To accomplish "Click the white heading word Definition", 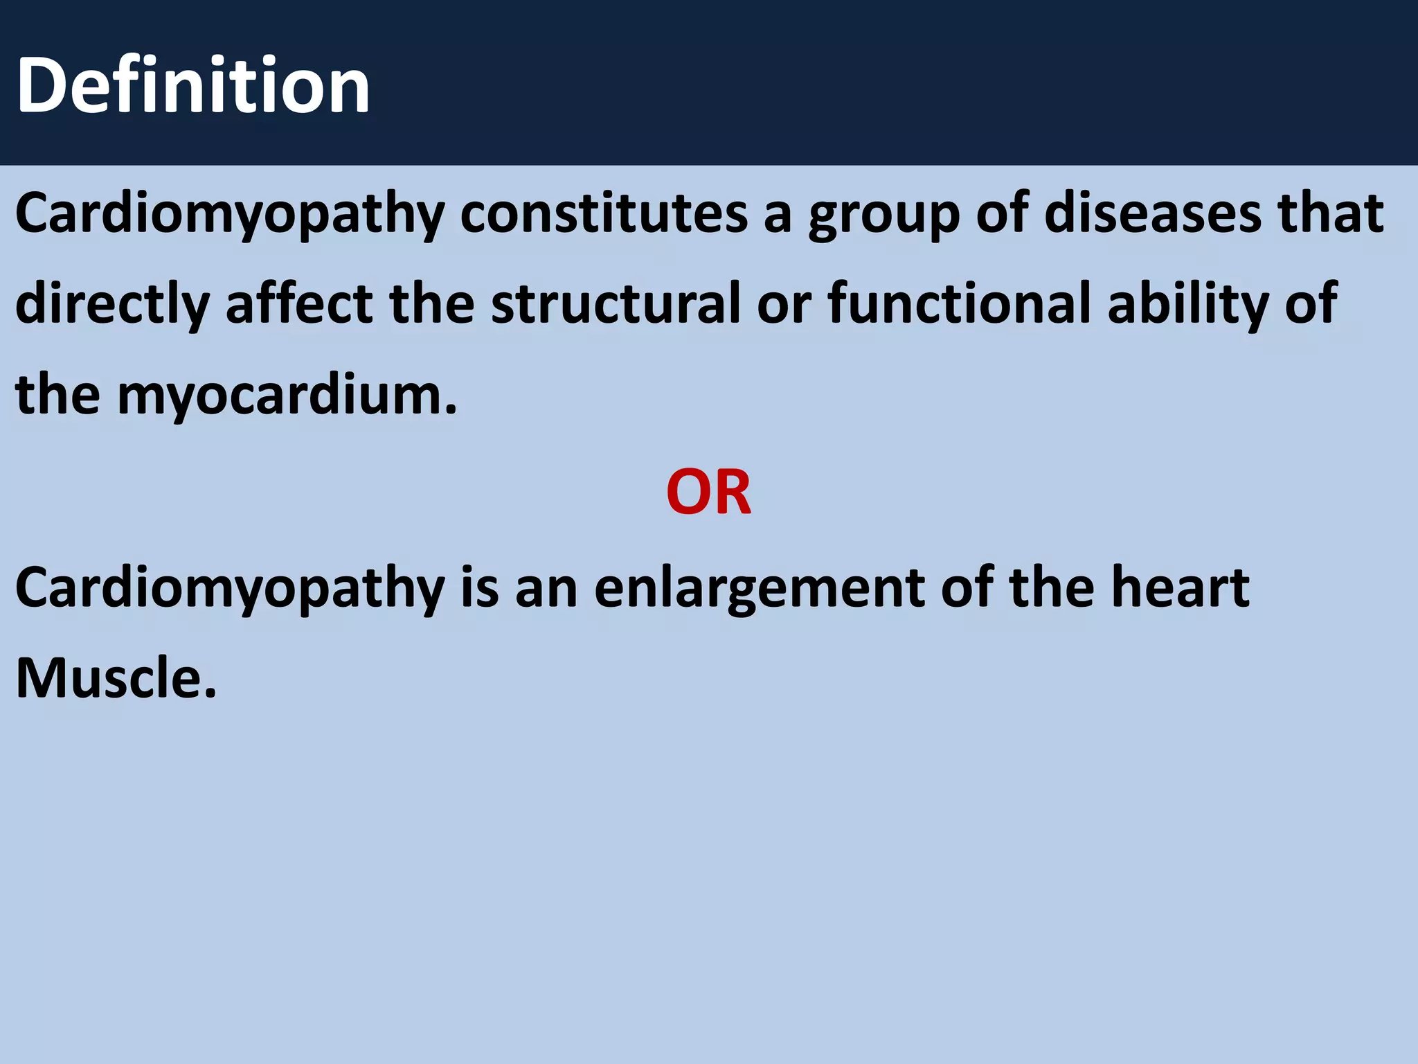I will click(x=192, y=86).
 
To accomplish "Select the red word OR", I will click(x=708, y=493).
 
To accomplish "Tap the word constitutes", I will click(x=604, y=213).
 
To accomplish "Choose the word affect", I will click(x=299, y=303).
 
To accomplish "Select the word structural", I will click(x=616, y=303).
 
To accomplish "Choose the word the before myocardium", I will click(x=57, y=394).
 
